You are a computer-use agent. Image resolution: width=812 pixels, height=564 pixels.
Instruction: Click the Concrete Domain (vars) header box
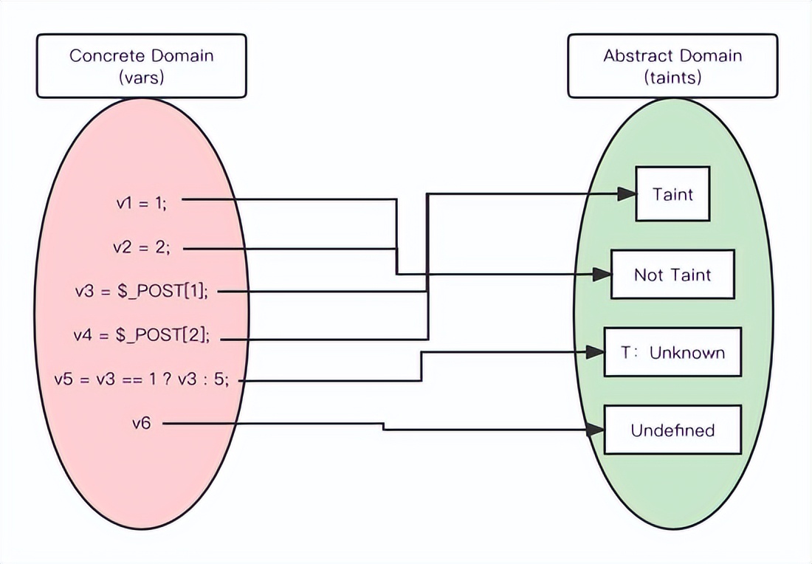[142, 66]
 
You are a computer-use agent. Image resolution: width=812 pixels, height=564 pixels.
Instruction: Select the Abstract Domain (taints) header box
[672, 66]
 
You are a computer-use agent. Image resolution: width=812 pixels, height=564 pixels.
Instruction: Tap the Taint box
[672, 193]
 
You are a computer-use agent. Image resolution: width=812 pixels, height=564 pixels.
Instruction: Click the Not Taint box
[672, 275]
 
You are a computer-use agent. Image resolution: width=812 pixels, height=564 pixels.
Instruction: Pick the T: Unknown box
[672, 352]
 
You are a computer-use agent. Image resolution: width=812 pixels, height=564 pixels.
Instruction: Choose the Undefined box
[672, 430]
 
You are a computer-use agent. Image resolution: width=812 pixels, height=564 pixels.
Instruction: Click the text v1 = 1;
[142, 204]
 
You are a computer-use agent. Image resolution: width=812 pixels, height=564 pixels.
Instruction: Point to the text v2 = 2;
[142, 248]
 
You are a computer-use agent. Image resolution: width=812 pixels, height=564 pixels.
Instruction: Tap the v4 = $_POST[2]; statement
[142, 336]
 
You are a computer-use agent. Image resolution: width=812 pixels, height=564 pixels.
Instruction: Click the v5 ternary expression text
[142, 379]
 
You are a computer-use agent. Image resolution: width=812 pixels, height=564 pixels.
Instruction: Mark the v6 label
[142, 424]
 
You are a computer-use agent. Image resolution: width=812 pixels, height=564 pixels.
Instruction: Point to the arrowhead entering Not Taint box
[602, 275]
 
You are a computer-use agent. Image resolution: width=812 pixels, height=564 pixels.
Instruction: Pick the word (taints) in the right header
[672, 77]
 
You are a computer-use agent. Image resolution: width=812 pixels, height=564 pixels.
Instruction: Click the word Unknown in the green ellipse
[687, 352]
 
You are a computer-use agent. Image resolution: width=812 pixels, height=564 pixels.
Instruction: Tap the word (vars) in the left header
[142, 77]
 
